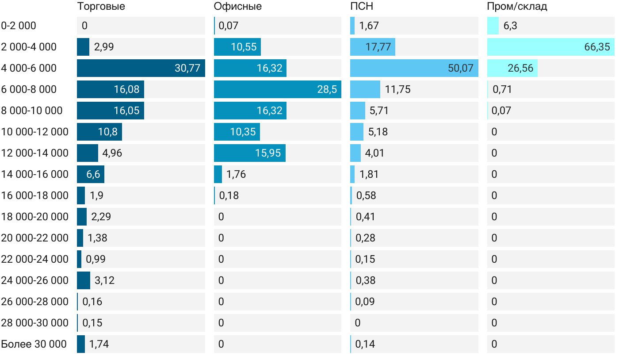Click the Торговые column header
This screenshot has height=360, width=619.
101,7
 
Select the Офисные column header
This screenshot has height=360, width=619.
237,7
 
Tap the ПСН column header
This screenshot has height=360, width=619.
361,7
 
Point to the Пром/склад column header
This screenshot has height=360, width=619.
517,7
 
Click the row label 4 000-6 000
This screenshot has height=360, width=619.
29,68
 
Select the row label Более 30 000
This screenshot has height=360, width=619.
34,344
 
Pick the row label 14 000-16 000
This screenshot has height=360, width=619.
34,174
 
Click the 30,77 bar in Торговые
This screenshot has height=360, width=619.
141,68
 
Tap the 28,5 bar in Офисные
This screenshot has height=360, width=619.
277,89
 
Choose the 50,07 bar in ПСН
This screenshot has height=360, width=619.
414,68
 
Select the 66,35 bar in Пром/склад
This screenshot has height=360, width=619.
550,47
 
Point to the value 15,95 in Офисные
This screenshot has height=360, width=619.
268,153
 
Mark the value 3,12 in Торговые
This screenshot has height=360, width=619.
104,280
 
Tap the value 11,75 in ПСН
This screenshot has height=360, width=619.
397,89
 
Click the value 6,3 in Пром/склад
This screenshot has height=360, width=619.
510,26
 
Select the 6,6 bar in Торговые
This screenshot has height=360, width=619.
91,174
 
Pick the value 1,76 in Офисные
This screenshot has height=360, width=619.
236,174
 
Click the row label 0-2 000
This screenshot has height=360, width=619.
19,26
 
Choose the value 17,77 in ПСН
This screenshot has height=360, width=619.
378,47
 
